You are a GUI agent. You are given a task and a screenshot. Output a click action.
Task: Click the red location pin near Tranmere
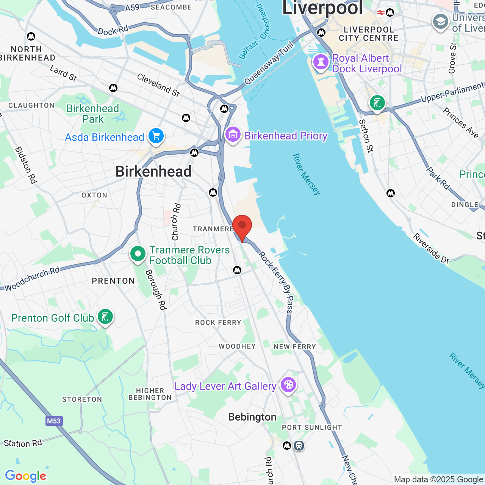242,227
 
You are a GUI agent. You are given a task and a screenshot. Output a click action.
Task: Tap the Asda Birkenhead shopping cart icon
156,136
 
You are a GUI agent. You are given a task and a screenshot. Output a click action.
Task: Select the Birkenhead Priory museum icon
233,135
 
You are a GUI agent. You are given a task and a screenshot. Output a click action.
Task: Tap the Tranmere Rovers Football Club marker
138,254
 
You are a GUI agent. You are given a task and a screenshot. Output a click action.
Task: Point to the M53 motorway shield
54,421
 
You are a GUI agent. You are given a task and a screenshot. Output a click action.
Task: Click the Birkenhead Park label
93,114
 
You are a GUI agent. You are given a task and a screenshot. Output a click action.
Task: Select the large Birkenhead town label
153,172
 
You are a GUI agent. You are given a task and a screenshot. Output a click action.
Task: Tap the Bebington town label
252,417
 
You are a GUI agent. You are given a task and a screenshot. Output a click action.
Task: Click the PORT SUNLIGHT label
312,427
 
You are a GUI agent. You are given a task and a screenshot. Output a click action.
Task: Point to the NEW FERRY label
295,347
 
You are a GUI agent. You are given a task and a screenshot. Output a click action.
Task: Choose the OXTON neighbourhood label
94,195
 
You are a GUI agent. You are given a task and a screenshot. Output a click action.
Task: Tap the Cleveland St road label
158,85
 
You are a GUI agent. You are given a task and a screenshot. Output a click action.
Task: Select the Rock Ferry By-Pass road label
276,282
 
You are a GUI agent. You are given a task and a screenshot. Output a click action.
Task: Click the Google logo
26,476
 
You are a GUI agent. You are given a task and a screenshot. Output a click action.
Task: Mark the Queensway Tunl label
269,63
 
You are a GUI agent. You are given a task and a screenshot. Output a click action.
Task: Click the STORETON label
82,399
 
